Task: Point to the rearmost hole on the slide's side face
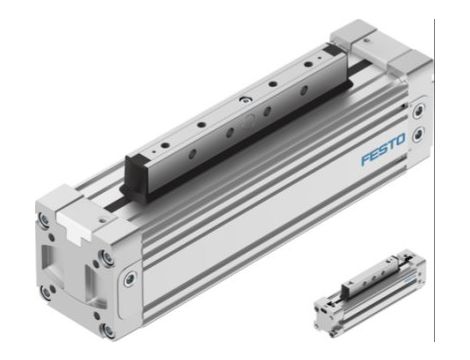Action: tap(315, 86)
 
